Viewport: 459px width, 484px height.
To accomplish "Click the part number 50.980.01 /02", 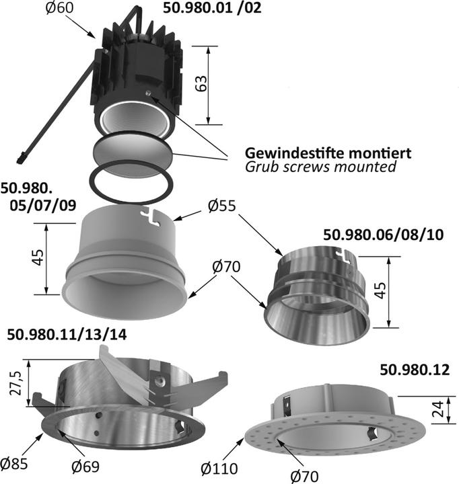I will (x=212, y=9).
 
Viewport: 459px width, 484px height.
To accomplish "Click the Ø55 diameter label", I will (x=222, y=207).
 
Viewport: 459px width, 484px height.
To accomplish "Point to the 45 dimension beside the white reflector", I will (x=38, y=258).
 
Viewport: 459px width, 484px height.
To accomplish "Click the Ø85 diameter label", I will (x=15, y=463).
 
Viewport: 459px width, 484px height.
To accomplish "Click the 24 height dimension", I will (x=437, y=409).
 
